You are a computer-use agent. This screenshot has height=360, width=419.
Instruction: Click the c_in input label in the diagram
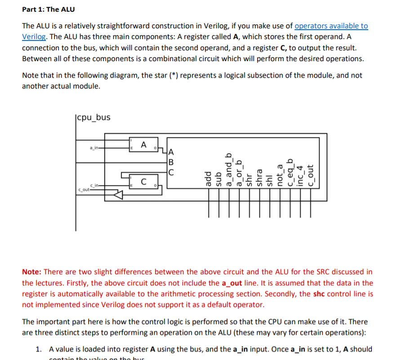[96, 185]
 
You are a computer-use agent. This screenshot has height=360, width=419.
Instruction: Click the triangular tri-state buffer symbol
[118, 195]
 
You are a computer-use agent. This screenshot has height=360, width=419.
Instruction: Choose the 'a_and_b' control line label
[229, 170]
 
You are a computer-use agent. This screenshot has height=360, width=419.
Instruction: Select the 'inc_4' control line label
[300, 175]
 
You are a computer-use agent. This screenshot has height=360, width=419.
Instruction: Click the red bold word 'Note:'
[32, 271]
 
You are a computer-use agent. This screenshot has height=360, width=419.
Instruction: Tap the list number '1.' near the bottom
[39, 349]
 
